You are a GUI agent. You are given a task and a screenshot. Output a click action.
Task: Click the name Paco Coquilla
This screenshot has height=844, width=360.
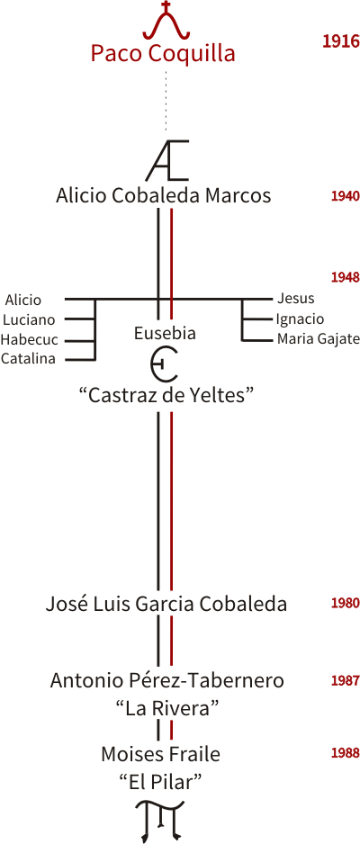point(163,54)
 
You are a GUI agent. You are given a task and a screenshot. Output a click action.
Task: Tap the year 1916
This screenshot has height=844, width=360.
point(340,41)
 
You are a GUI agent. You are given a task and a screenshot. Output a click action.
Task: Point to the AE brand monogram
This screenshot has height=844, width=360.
point(167,160)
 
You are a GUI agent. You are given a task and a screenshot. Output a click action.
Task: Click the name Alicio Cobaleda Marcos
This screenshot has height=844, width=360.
point(163,195)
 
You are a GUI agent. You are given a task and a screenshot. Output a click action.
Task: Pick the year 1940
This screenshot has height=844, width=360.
point(345,196)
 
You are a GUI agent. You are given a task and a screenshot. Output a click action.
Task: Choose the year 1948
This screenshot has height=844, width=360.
point(345,277)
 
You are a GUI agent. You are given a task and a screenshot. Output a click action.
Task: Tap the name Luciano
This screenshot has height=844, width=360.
point(29,319)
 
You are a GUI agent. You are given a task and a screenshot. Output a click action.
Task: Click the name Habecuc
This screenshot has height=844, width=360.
point(29,340)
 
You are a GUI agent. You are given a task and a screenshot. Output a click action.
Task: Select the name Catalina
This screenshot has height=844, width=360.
point(28,359)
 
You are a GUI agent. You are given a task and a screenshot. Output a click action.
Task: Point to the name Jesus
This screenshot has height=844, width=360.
point(295,298)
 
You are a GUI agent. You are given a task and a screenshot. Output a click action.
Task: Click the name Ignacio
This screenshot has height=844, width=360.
point(300,319)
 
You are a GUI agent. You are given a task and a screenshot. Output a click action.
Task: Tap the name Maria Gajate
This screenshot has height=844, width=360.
point(318,339)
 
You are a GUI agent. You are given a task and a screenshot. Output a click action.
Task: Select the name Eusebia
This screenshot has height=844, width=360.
point(165,334)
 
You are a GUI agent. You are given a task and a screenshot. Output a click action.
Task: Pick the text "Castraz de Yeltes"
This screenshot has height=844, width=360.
point(166,396)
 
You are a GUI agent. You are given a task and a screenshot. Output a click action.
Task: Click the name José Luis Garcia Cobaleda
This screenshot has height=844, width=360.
point(166,605)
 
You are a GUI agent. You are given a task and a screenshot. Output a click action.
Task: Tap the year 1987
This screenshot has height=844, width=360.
point(345,681)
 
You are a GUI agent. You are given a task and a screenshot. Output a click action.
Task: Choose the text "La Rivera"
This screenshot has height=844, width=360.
point(166,709)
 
